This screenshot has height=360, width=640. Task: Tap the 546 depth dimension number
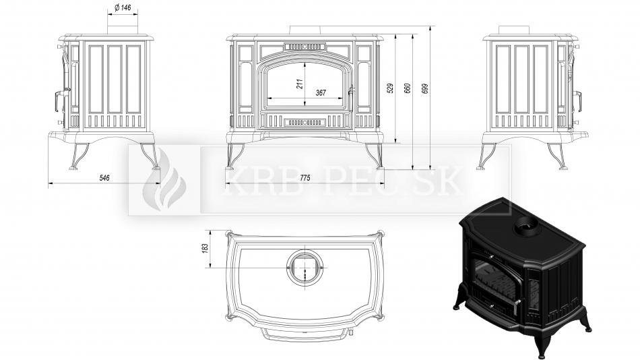click(x=104, y=178)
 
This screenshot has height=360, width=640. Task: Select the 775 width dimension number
click(x=305, y=178)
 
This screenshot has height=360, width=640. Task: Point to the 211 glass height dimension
click(x=300, y=84)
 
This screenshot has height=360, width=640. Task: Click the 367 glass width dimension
click(x=321, y=93)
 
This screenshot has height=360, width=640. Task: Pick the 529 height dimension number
click(x=390, y=89)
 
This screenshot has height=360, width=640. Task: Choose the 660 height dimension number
click(x=408, y=89)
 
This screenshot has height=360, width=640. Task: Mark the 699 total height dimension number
click(x=424, y=89)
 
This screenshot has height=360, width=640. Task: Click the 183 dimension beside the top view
click(x=205, y=248)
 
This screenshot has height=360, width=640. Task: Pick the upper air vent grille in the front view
click(x=305, y=47)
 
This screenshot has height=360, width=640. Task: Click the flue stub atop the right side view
click(x=515, y=30)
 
